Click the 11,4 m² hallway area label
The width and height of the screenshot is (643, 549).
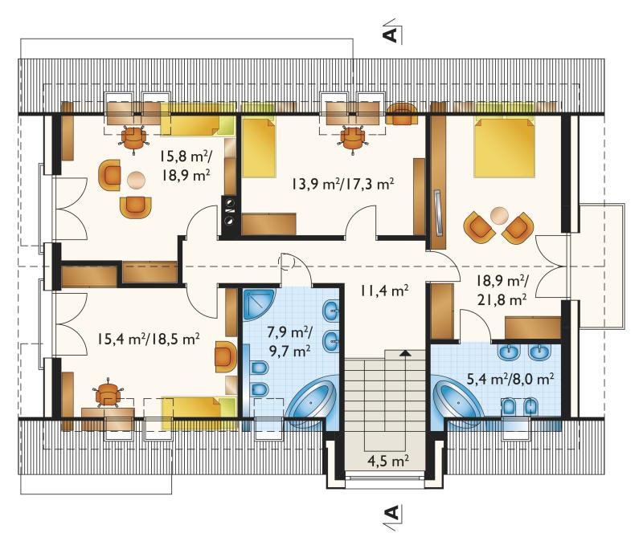point(384,291)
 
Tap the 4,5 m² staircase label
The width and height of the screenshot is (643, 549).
point(388,461)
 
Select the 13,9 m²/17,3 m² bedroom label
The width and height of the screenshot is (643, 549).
point(343,184)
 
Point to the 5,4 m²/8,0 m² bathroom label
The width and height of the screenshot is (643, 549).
point(511,379)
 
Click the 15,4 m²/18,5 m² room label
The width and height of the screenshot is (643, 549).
point(149,339)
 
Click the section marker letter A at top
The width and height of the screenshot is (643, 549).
point(391,35)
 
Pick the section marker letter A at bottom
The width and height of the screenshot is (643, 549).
point(391,513)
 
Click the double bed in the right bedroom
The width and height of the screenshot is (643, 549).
point(505,148)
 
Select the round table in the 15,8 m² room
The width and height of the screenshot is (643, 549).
point(136,180)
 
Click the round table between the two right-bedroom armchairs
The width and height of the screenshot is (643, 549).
point(499,216)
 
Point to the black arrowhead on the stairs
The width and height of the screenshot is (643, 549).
point(405,352)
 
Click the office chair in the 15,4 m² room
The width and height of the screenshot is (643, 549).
point(109,394)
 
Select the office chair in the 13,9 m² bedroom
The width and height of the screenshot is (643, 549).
point(353,139)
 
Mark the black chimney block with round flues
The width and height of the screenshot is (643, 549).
point(229,216)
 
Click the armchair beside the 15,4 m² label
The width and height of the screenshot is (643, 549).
point(226,356)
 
